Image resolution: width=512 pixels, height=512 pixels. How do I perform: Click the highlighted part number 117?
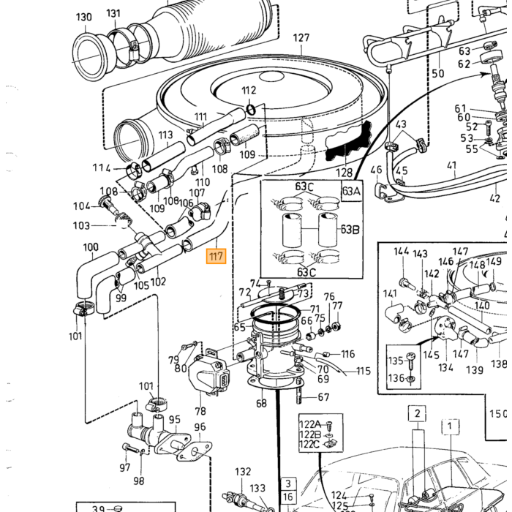[x=216, y=256]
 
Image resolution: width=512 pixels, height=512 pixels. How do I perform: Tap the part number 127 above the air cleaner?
[x=301, y=38]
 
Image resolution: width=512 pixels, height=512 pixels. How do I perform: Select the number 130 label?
[x=84, y=17]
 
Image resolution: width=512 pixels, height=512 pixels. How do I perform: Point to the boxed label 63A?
[x=351, y=191]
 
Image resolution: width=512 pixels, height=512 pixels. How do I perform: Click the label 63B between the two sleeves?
[x=350, y=230]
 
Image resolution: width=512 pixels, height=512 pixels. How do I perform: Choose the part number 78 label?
[x=200, y=411]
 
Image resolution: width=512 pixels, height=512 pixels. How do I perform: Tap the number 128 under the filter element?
[x=345, y=173]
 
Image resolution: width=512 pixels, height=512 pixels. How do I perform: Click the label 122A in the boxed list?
[x=310, y=424]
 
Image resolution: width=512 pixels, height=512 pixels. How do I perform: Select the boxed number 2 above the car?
[x=418, y=414]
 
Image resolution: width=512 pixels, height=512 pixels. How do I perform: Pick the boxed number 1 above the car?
[x=450, y=426]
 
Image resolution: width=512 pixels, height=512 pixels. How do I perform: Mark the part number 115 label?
[x=364, y=371]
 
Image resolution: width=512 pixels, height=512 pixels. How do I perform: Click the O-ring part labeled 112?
[x=251, y=110]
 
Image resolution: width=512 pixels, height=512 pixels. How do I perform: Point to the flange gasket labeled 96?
[x=195, y=451]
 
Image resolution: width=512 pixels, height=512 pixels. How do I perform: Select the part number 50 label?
[x=438, y=73]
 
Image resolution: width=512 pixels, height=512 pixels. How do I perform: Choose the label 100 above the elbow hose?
[x=91, y=247]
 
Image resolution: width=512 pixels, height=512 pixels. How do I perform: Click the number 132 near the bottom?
[x=243, y=472]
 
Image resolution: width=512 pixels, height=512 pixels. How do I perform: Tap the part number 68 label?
[x=261, y=403]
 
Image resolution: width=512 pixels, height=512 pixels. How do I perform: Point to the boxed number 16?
[x=287, y=497]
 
